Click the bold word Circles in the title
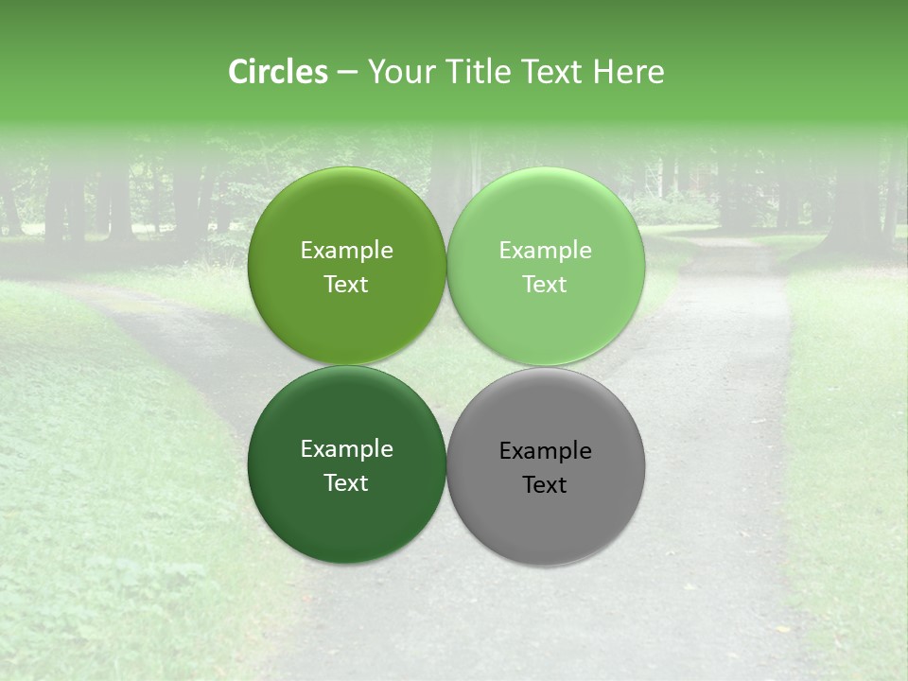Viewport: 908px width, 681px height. (x=278, y=72)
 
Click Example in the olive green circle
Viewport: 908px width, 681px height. (x=346, y=251)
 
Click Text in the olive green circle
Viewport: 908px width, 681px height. (x=346, y=285)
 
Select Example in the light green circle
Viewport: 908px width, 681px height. (x=546, y=251)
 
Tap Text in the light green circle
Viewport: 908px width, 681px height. (x=546, y=285)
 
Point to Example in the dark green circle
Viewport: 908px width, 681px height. (x=346, y=449)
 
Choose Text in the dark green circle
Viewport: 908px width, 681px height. (x=346, y=483)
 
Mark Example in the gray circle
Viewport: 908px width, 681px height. (x=546, y=451)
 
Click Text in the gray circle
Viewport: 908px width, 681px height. (x=546, y=485)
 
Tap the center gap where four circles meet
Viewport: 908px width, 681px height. (x=446, y=365)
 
